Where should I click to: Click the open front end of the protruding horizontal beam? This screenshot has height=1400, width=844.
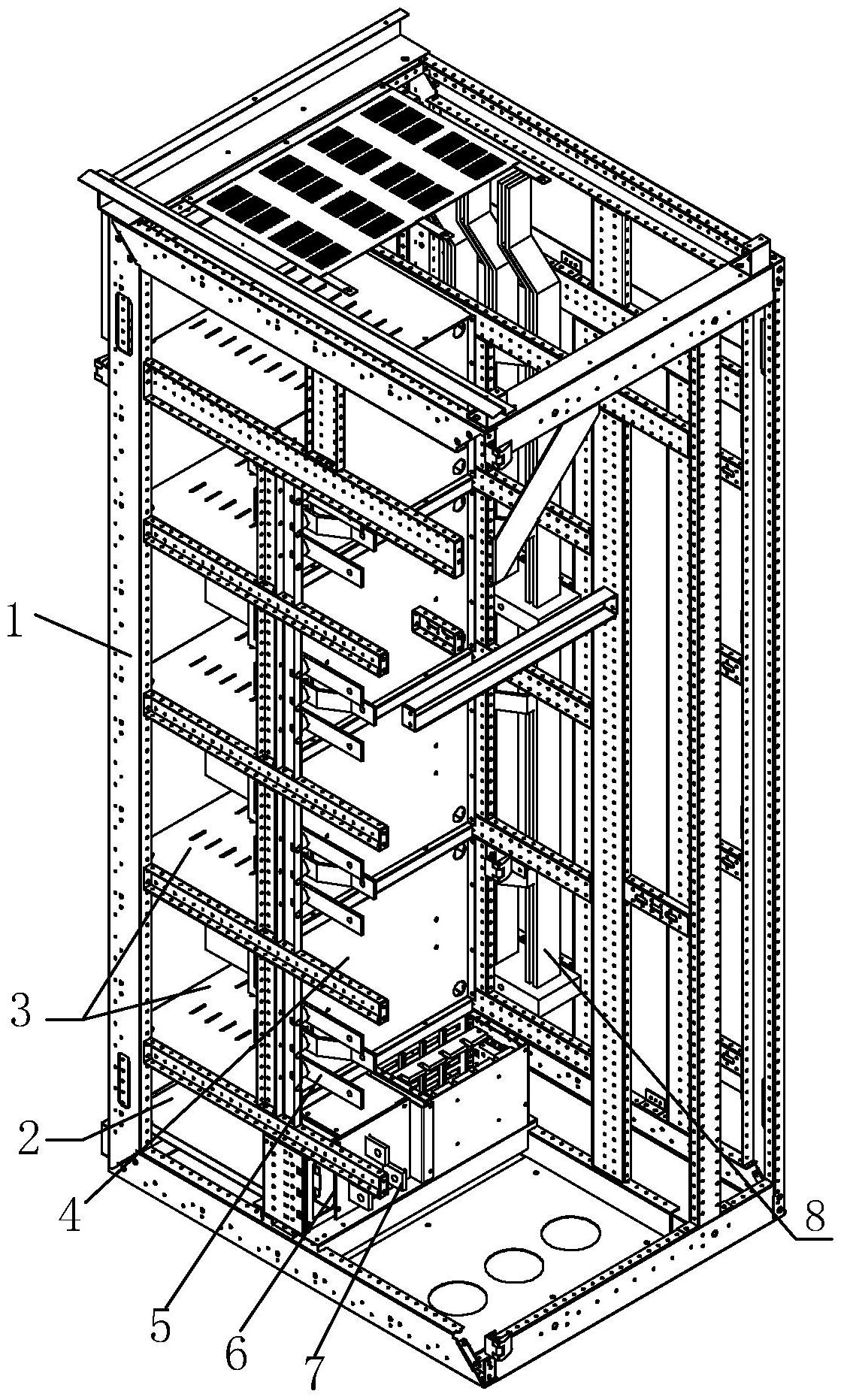tap(415, 715)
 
